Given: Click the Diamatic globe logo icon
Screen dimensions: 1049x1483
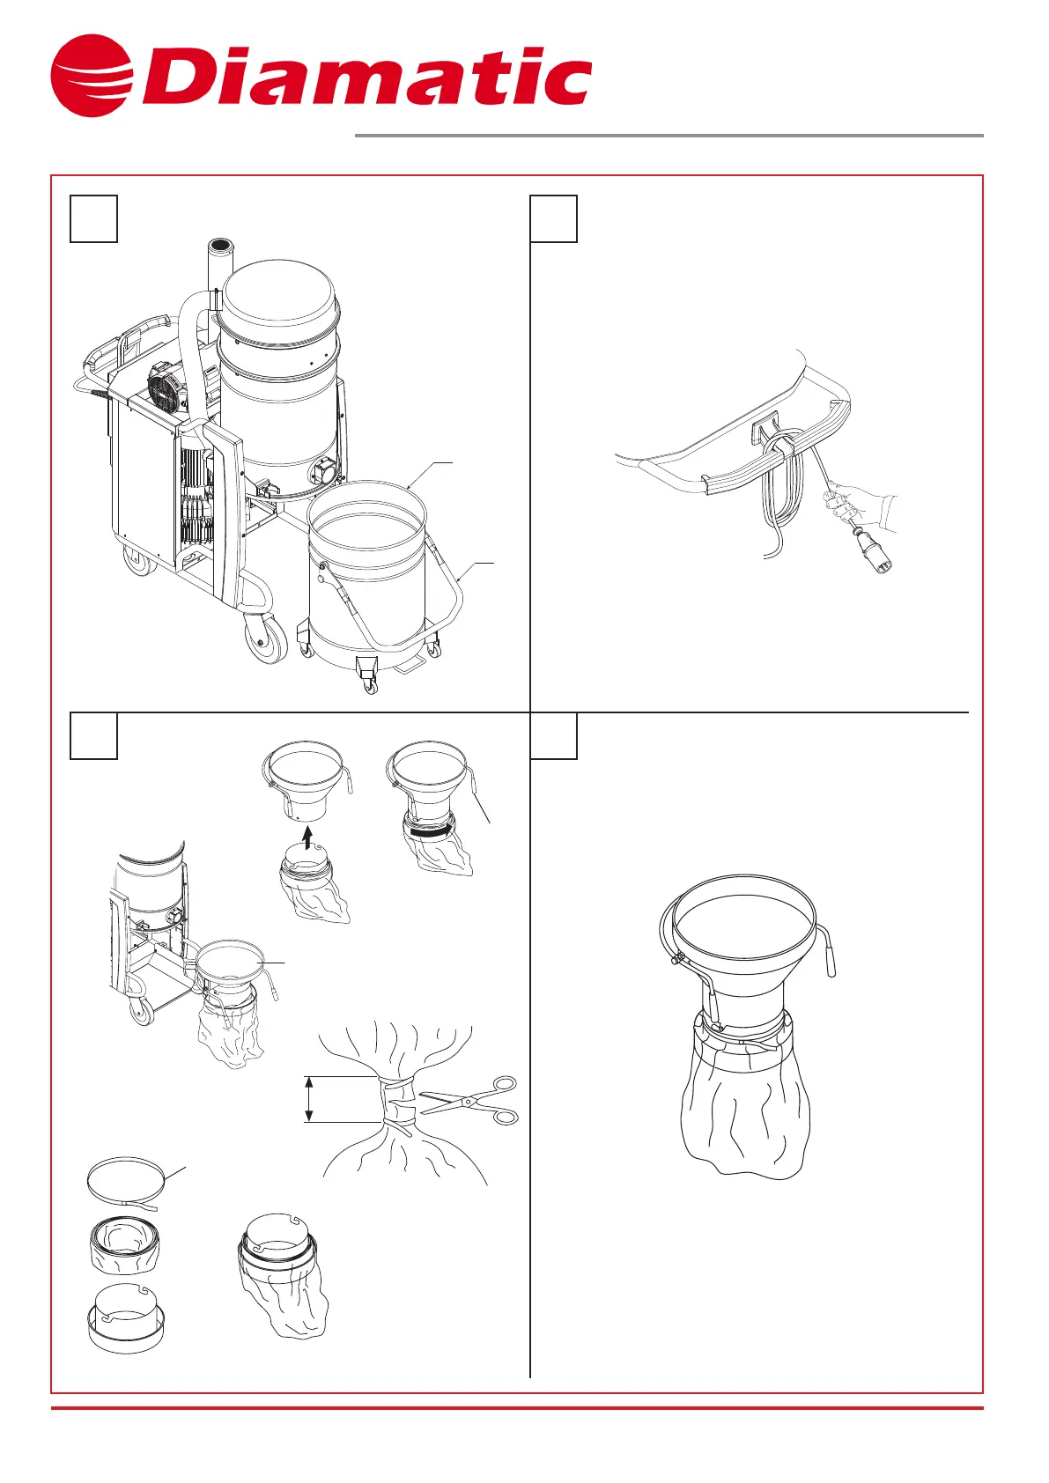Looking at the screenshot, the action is click(91, 76).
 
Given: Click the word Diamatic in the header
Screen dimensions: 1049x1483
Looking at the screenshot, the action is click(366, 76).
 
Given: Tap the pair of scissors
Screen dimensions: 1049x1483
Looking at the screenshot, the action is click(469, 1100).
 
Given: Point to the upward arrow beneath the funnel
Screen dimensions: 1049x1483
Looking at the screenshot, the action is click(307, 837).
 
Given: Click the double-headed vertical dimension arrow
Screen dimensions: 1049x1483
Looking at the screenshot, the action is click(308, 1099).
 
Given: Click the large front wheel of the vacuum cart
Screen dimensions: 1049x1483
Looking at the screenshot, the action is click(266, 639).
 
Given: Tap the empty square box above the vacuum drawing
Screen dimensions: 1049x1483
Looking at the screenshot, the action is click(93, 218).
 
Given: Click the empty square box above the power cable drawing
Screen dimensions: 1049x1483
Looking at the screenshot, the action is click(554, 218).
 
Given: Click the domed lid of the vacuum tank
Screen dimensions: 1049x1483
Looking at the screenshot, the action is click(281, 295).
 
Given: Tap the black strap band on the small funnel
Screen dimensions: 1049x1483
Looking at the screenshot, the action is click(428, 830).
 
